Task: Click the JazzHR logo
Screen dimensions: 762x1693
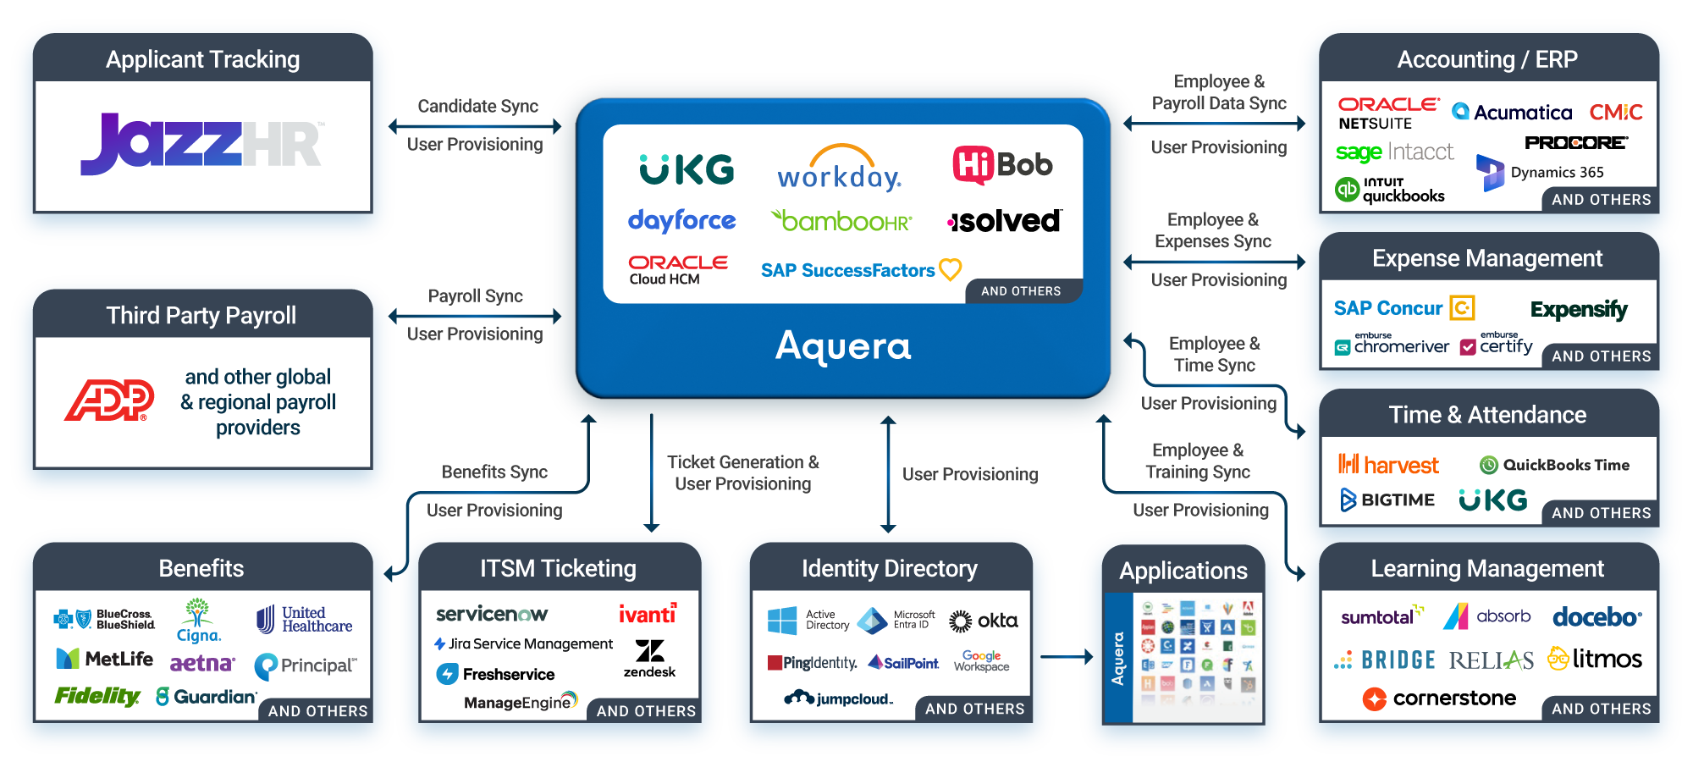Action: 201,144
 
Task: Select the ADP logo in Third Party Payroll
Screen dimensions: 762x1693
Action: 109,400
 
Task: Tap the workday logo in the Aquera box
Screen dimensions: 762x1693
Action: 839,168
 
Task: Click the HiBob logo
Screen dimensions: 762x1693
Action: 1002,165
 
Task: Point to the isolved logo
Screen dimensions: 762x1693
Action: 1004,221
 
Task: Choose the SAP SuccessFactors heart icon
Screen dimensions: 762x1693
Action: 951,269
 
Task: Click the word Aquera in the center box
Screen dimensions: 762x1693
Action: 843,346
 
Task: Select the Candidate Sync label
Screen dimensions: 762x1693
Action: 477,107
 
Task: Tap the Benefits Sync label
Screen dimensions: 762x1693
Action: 494,472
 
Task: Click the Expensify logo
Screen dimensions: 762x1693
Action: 1578,309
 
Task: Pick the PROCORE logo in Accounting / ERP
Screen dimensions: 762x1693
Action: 1575,142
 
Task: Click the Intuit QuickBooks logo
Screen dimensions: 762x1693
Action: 1390,190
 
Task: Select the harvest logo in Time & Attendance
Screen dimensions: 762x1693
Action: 1388,465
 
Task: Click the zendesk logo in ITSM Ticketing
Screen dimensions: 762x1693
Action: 649,658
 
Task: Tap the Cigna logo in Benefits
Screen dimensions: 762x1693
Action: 198,621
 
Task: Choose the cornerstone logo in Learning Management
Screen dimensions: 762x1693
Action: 1439,698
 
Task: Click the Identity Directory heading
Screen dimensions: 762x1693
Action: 889,569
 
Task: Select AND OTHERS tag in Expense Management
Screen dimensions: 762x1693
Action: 1601,356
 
